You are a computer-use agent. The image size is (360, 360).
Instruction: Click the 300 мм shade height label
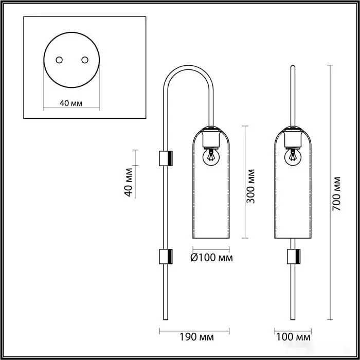click(251, 186)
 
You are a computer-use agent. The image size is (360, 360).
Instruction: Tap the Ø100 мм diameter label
click(211, 258)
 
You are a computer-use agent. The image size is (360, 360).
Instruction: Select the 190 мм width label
click(197, 337)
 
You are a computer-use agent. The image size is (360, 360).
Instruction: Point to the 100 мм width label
click(294, 337)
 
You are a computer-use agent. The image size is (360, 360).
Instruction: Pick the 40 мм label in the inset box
click(71, 103)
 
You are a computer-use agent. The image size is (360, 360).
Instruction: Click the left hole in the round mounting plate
click(60, 60)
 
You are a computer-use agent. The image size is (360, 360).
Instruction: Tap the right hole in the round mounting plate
click(83, 60)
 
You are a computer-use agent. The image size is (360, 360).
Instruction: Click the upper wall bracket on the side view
click(166, 158)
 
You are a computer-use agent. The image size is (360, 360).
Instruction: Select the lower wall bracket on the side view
click(166, 257)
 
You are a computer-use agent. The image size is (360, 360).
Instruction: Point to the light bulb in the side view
click(210, 156)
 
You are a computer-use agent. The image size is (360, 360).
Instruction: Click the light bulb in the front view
click(293, 156)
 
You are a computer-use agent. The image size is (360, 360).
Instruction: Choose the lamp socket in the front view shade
click(293, 137)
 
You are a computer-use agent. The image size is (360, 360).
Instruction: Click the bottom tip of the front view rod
click(293, 318)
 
